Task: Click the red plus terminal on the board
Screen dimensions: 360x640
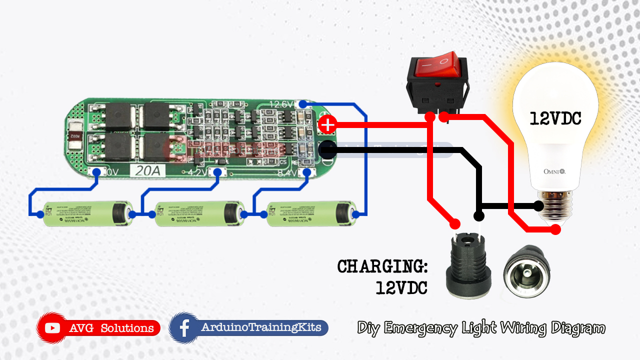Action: [327, 124]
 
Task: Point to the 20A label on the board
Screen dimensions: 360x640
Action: [148, 171]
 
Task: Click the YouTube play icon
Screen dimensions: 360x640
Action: [52, 328]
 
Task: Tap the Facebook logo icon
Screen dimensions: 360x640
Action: [184, 328]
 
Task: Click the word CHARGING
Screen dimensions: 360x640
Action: [382, 266]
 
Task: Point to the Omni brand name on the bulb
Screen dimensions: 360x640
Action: [554, 171]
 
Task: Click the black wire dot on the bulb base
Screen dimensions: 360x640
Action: [538, 205]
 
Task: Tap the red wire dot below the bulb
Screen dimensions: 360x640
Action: [555, 229]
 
